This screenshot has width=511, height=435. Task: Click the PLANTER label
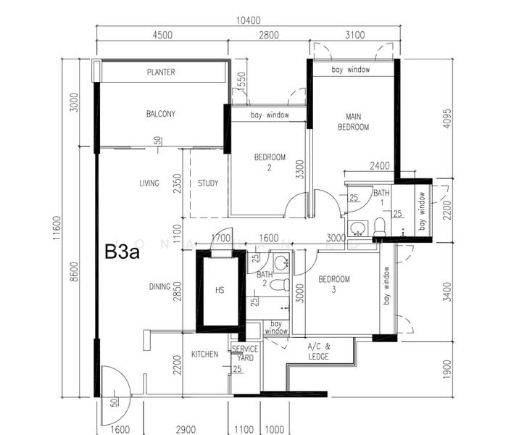pyautogui.click(x=161, y=72)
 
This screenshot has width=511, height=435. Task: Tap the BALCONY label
pyautogui.click(x=160, y=114)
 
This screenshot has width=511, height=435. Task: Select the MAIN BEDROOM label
pyautogui.click(x=353, y=122)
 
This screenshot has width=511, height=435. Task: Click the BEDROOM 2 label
pyautogui.click(x=270, y=162)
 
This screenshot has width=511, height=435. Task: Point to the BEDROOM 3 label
pyautogui.click(x=334, y=284)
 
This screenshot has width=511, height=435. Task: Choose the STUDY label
pyautogui.click(x=208, y=183)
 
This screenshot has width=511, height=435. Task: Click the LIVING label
pyautogui.click(x=149, y=183)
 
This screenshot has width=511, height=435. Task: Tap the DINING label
pyautogui.click(x=159, y=287)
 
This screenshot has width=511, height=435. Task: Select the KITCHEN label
pyautogui.click(x=204, y=355)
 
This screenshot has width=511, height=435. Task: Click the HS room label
pyautogui.click(x=220, y=290)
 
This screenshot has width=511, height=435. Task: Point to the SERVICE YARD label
pyautogui.click(x=244, y=354)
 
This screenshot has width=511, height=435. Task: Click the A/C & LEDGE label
pyautogui.click(x=318, y=352)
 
